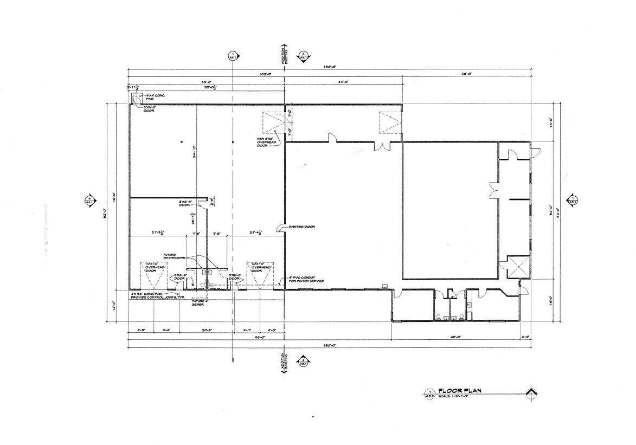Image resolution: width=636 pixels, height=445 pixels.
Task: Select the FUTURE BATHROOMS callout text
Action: pyautogui.click(x=175, y=256)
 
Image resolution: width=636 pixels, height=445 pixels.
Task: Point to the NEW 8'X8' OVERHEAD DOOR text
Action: pyautogui.click(x=267, y=142)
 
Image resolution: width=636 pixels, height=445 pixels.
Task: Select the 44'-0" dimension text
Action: pyautogui.click(x=343, y=82)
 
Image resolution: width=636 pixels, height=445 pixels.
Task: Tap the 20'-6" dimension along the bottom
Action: pyautogui.click(x=206, y=329)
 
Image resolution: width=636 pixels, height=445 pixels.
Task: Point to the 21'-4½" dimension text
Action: pyautogui.click(x=256, y=233)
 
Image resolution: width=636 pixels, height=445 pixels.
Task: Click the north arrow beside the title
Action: pyautogui.click(x=532, y=392)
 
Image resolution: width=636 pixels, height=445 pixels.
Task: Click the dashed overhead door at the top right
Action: pyautogui.click(x=389, y=122)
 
